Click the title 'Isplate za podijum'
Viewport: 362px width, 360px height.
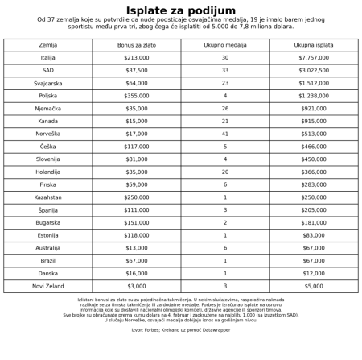pos(181,10)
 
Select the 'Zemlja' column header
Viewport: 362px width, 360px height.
pos(48,45)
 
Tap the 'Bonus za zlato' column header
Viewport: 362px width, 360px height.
pos(137,45)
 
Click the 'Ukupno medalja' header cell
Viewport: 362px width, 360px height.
pos(225,45)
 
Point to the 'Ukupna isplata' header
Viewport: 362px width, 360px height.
pos(314,45)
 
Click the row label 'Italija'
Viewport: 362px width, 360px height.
pos(48,58)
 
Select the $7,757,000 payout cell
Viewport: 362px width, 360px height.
pos(314,58)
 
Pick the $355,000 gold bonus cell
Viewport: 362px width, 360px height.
pos(137,96)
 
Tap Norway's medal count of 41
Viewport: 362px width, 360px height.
pos(225,134)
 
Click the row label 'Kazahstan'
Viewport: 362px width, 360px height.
pos(48,197)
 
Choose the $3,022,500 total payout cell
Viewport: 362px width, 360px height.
pos(314,71)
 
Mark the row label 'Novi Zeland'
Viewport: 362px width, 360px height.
pos(48,286)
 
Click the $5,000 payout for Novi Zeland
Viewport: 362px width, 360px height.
pos(314,286)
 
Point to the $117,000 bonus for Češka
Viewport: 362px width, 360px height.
pos(137,147)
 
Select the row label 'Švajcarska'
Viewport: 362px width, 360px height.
pos(48,83)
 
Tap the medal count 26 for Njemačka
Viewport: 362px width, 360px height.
pos(225,109)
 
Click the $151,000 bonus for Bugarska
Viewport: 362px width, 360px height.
pos(137,222)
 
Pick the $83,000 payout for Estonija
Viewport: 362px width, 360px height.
pos(314,235)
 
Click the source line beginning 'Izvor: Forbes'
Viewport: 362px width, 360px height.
pos(181,330)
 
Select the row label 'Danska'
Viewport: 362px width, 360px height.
pos(48,273)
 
